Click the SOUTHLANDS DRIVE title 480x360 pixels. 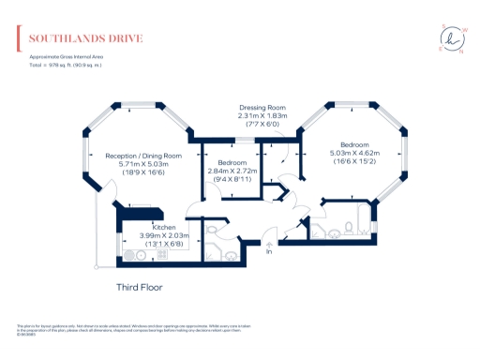tap(85, 38)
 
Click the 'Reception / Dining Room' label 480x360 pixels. tap(143, 155)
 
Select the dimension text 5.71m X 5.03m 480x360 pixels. tap(143, 163)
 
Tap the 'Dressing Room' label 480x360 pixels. tap(262, 108)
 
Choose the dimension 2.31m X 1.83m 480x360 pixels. tap(262, 115)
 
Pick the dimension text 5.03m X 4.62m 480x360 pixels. tap(353, 153)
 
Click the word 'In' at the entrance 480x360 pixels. tap(269, 251)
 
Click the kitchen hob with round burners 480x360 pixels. tap(129, 252)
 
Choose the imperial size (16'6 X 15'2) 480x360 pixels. tap(353, 161)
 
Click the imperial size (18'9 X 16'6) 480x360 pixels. tap(143, 172)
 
